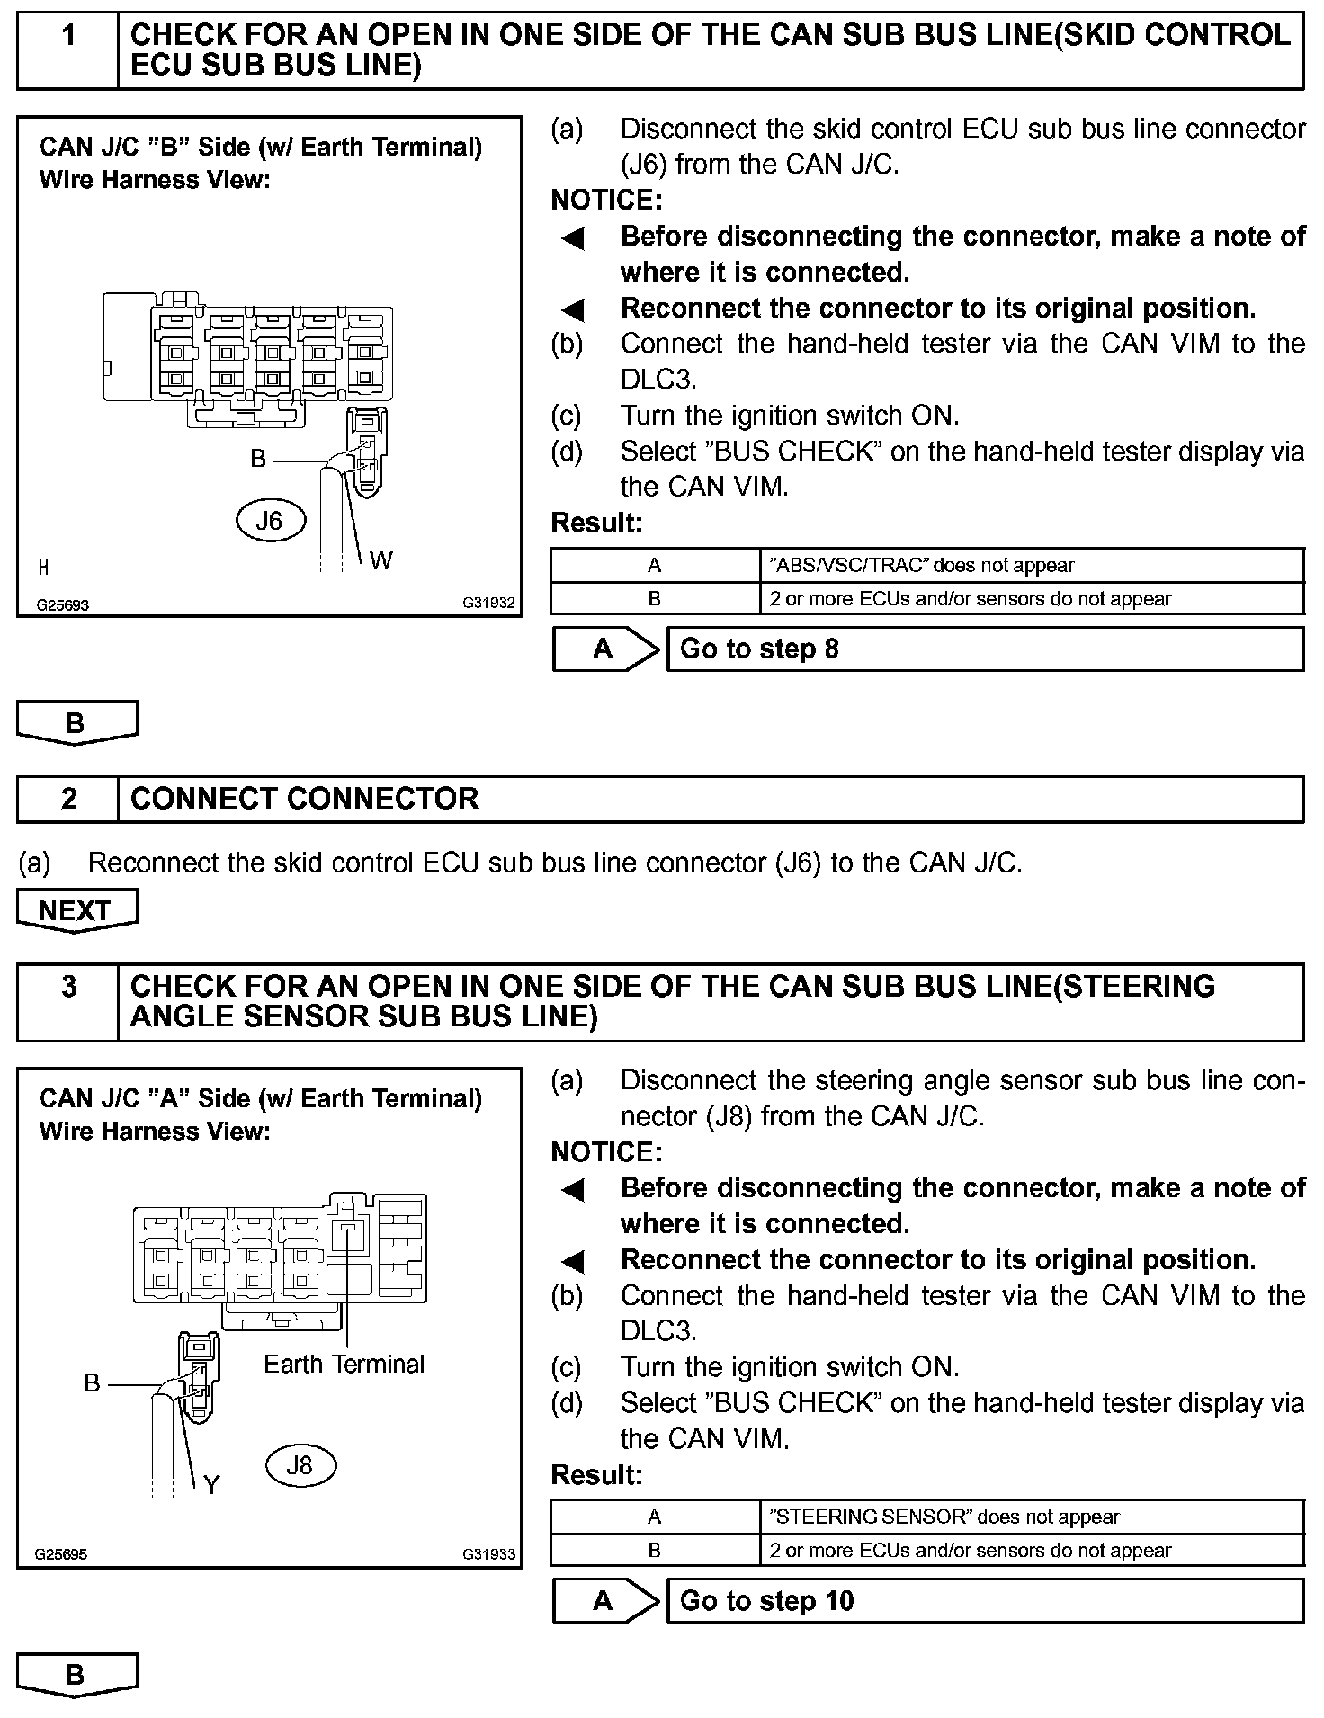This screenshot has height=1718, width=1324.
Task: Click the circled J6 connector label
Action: tap(270, 521)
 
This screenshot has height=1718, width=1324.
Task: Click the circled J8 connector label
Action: tap(300, 1465)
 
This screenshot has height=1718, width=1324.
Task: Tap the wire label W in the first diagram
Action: tap(380, 560)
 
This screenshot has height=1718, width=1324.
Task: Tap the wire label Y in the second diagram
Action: tap(211, 1484)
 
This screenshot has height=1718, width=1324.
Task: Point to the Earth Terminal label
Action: tap(344, 1365)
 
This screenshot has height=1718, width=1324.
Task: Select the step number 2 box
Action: tap(68, 799)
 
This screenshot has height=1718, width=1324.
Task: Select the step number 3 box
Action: tap(68, 988)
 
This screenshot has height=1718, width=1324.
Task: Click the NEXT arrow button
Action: tap(76, 910)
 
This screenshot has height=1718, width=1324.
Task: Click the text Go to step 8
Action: tap(759, 649)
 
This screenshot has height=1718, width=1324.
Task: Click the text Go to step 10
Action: tap(766, 1601)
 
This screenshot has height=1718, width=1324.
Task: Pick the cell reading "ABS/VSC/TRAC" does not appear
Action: tap(922, 566)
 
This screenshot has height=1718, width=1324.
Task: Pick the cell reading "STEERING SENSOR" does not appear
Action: tap(944, 1517)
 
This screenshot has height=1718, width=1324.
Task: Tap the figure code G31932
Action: tap(488, 603)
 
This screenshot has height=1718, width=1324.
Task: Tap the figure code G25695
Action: tap(61, 1553)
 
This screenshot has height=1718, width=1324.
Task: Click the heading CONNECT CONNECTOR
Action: tap(304, 799)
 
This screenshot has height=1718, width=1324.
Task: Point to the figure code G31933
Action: tap(488, 1553)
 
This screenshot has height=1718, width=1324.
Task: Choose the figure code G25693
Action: tap(63, 604)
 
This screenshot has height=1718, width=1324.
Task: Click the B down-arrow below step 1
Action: tap(76, 722)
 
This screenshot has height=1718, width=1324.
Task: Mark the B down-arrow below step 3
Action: tap(76, 1675)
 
